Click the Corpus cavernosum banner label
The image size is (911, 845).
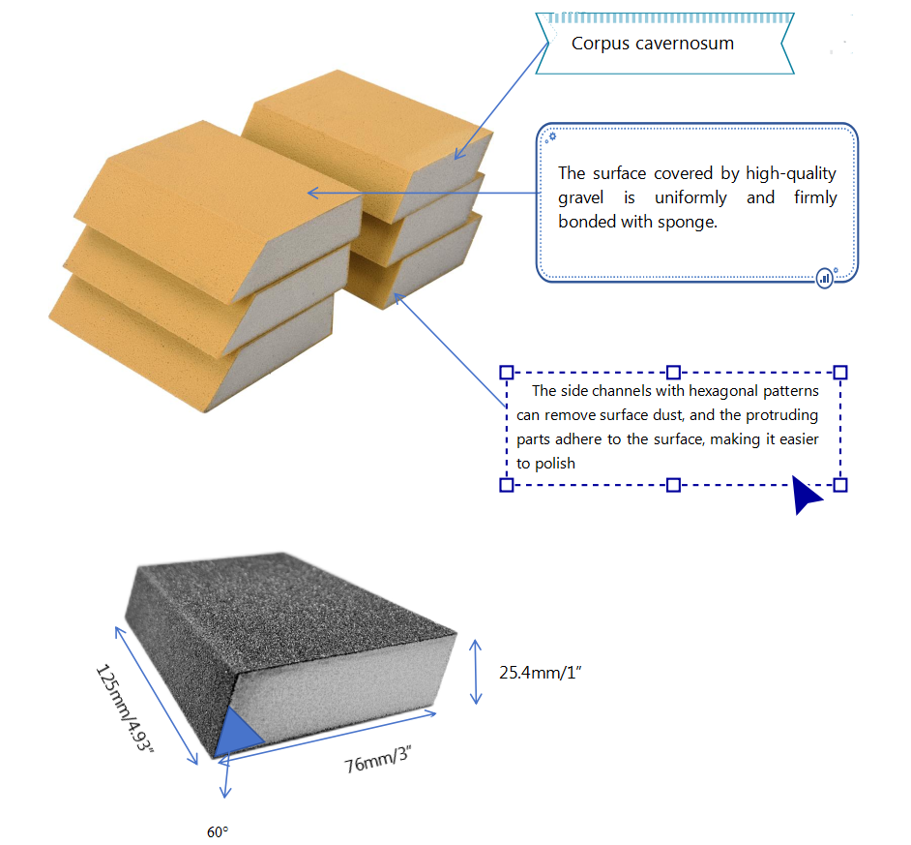pos(652,44)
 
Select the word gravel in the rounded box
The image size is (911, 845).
pos(584,197)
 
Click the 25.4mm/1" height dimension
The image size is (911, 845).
pos(539,671)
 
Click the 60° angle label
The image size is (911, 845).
pos(218,831)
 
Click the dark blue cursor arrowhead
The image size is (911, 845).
pos(805,496)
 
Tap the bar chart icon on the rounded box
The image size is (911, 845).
pos(825,278)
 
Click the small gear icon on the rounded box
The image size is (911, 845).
pos(551,136)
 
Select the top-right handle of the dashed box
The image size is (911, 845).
pos(840,372)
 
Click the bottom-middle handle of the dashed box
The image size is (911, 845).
pos(674,484)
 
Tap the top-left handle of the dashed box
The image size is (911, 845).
pos(506,372)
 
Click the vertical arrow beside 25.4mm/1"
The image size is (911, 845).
pos(475,671)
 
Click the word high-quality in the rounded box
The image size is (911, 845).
pos(786,173)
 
